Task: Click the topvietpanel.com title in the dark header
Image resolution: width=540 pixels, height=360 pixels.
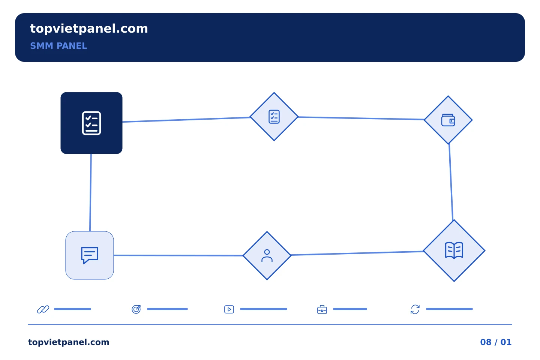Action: click(89, 29)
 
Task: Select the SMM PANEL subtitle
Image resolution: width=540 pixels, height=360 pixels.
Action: click(58, 46)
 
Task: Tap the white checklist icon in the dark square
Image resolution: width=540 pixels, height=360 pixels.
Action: click(91, 123)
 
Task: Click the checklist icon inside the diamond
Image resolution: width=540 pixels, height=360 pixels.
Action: click(274, 117)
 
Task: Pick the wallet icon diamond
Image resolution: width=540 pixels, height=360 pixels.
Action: click(448, 120)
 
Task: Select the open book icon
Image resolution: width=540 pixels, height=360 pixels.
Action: click(454, 250)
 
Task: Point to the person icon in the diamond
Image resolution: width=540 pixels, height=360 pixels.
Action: click(267, 256)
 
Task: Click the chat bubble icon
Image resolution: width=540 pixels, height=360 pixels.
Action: click(89, 255)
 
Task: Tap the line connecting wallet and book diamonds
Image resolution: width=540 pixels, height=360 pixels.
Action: click(451, 182)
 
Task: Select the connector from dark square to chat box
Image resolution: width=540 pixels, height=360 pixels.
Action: click(91, 192)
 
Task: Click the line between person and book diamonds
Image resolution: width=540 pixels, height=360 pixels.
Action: click(357, 253)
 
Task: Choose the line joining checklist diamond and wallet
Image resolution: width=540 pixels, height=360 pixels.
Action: click(361, 118)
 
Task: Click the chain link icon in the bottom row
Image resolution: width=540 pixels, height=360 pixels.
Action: click(43, 309)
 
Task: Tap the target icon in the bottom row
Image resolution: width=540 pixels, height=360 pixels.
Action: click(136, 309)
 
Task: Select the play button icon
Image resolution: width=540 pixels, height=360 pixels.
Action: click(229, 309)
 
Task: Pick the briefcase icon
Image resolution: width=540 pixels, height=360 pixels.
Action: click(322, 309)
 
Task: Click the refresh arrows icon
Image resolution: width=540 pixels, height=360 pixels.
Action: click(415, 309)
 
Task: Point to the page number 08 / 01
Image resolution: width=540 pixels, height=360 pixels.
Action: click(496, 342)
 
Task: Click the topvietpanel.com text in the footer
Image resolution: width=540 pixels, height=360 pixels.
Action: click(69, 342)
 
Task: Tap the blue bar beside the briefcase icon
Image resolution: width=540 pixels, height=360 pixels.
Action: click(350, 309)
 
